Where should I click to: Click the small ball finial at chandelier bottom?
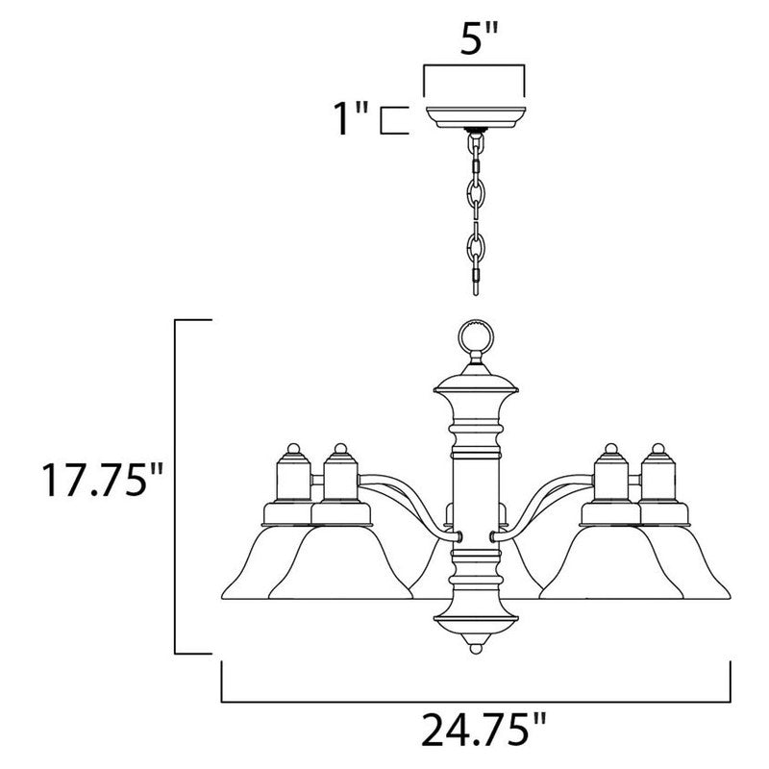point(474,650)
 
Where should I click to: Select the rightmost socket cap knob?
point(659,450)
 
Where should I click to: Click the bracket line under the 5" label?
point(474,66)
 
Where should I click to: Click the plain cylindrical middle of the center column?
point(474,490)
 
